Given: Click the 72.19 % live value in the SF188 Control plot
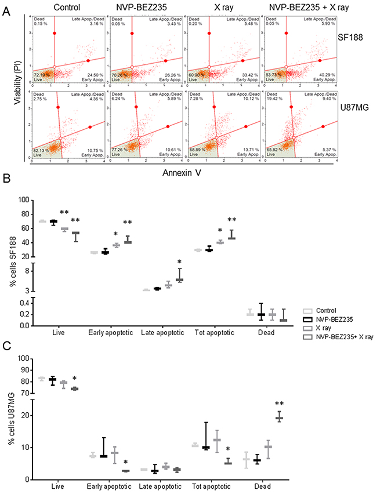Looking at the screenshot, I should click(42, 75).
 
